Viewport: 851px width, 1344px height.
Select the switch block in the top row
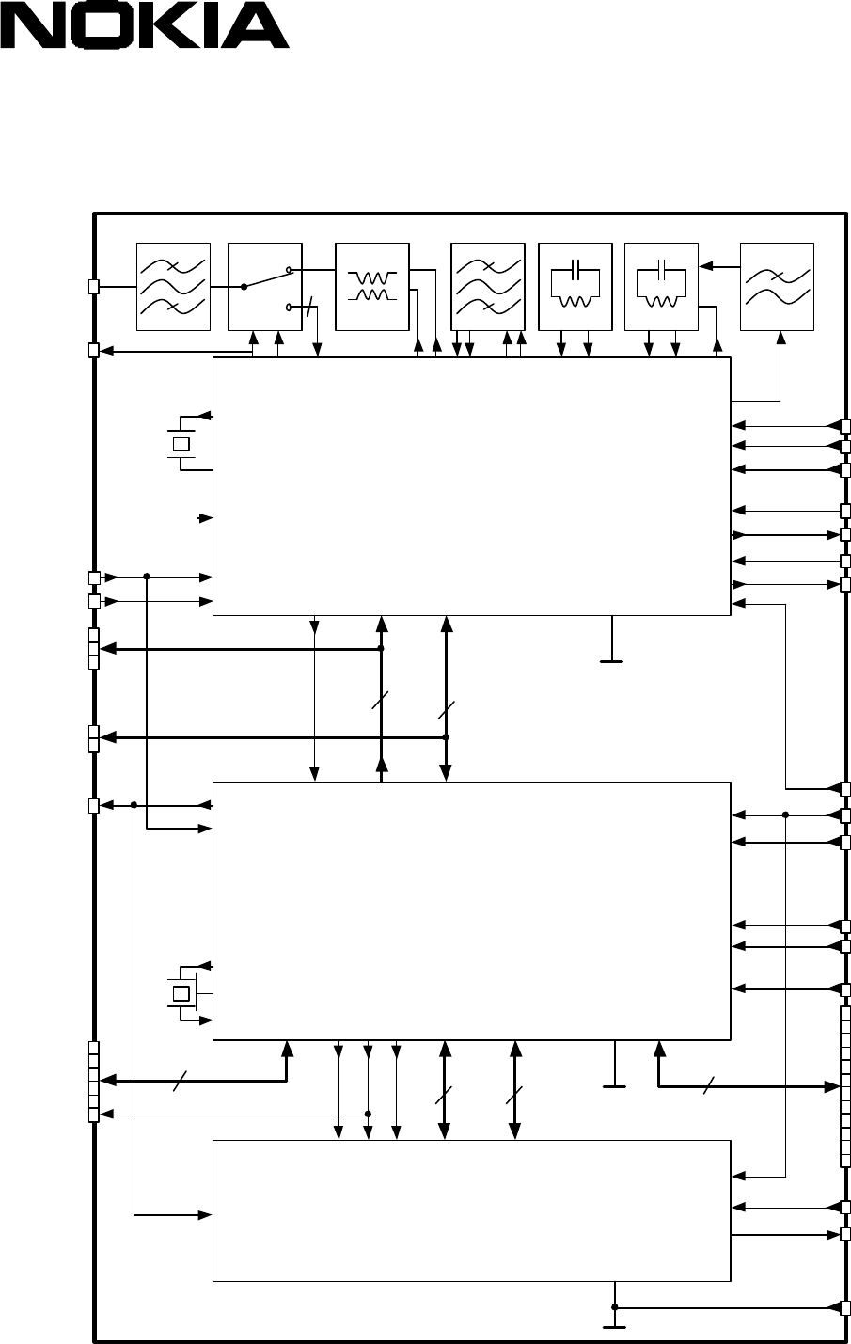[265, 287]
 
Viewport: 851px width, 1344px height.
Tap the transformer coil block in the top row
[372, 287]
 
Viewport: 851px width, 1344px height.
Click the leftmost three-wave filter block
[173, 287]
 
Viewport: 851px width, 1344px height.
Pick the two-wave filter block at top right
[778, 287]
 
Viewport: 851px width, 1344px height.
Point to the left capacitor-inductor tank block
[575, 287]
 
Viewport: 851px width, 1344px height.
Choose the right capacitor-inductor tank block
[661, 287]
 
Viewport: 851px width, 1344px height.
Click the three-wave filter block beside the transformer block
[488, 287]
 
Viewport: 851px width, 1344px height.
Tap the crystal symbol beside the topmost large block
[181, 444]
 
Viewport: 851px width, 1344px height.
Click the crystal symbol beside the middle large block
[181, 994]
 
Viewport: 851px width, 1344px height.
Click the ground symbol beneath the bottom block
[614, 1326]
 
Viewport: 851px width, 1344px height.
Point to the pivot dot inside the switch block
[244, 287]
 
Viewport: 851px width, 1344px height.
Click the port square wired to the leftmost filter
[93, 287]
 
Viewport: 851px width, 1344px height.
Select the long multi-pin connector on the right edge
[845, 1086]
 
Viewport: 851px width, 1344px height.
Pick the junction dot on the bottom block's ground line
[615, 1306]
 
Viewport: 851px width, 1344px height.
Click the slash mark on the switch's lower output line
[308, 307]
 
